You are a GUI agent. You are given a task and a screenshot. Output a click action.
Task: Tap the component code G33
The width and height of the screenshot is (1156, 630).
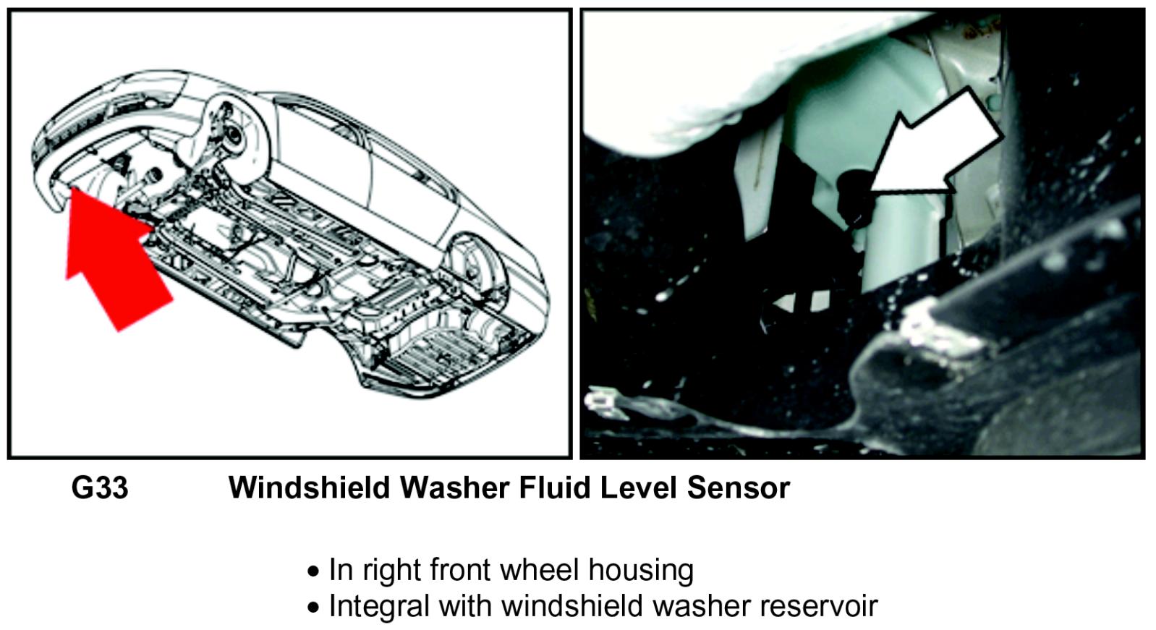[x=100, y=488]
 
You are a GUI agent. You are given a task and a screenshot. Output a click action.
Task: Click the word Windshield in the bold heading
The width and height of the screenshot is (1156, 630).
[x=309, y=488]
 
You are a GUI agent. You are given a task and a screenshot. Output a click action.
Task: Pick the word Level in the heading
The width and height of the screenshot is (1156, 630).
[x=639, y=488]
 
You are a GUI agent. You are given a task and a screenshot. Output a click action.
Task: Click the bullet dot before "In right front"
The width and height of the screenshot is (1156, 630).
[x=313, y=571]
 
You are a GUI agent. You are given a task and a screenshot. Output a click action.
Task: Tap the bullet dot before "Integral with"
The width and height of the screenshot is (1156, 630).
[x=313, y=608]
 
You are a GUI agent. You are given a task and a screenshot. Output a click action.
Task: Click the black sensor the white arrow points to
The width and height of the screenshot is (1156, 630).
[x=854, y=199]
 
